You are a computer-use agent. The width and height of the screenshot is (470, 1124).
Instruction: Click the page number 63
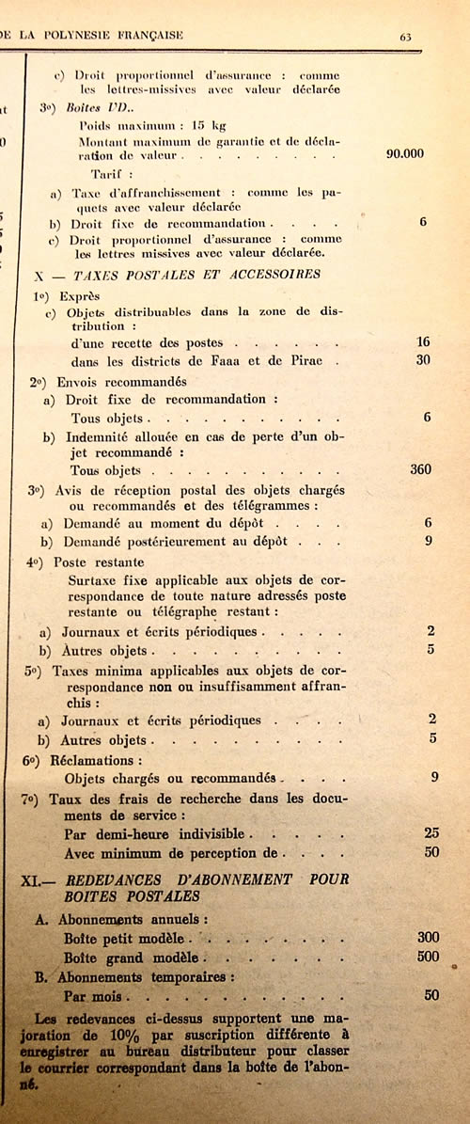click(406, 37)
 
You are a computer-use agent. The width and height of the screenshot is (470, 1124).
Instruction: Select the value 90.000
click(405, 153)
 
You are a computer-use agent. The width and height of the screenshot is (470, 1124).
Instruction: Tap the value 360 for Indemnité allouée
click(420, 468)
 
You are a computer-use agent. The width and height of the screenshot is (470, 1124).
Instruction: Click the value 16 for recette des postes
click(423, 342)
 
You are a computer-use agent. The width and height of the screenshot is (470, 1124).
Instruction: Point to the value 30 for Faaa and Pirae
click(423, 360)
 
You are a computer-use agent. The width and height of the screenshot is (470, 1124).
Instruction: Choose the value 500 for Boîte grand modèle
click(429, 957)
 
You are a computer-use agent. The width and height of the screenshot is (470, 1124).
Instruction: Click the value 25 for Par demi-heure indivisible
click(431, 832)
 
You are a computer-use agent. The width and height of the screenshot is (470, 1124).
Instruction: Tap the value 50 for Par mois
click(431, 994)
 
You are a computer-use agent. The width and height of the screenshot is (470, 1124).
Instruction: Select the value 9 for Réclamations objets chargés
click(434, 777)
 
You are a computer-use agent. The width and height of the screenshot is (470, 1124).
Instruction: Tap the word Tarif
click(110, 174)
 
